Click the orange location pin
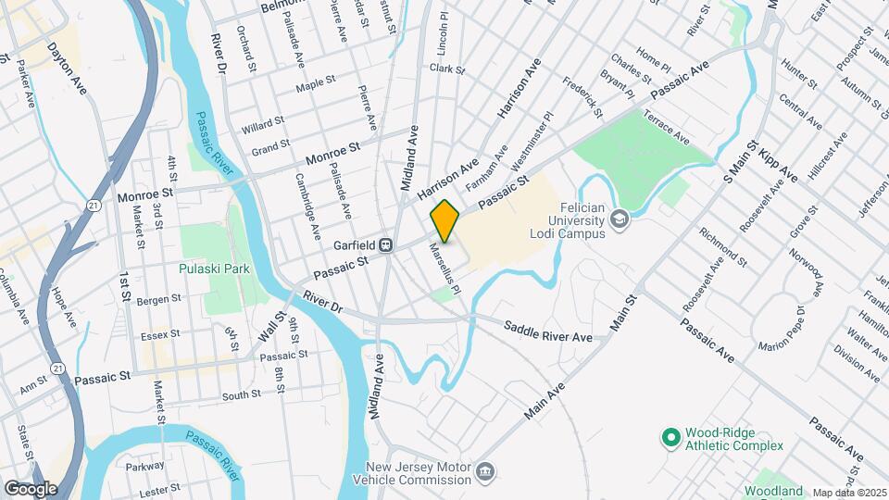tap(444, 220)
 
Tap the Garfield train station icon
tap(389, 245)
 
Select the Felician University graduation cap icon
tap(619, 219)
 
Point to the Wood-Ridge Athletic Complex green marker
tap(672, 434)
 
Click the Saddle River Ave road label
tap(547, 332)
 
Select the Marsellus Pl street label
tap(444, 268)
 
